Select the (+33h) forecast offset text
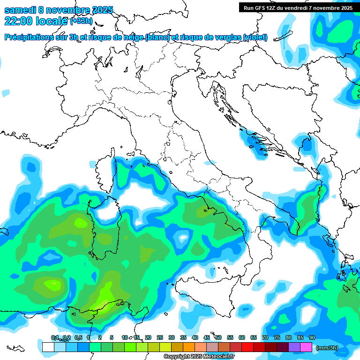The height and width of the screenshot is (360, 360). point(82,21)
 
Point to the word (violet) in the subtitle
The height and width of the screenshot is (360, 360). point(255,37)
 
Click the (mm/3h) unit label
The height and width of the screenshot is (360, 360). point(327,348)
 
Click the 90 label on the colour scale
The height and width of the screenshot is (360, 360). point(312,338)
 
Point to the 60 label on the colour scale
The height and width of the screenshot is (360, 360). point(242,338)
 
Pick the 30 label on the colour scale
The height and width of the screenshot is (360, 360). point(172,338)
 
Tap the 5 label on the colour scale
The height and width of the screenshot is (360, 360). point(112,338)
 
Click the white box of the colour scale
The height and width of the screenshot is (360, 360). point(48,347)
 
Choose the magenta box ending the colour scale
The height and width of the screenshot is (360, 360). point(306,347)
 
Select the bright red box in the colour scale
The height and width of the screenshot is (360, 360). point(247,347)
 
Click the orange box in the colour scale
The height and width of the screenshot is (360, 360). point(189,347)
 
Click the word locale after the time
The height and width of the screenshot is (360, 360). point(51,21)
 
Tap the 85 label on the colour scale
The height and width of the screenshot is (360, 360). point(300,338)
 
